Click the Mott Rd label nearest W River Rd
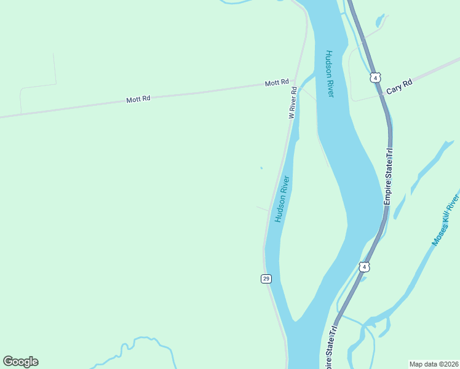pyautogui.click(x=277, y=83)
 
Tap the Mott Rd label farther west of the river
pyautogui.click(x=138, y=98)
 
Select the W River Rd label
pyautogui.click(x=293, y=103)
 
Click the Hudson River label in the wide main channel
pyautogui.click(x=329, y=73)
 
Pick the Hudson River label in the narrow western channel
pyautogui.click(x=282, y=199)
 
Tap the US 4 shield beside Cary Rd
pyautogui.click(x=375, y=77)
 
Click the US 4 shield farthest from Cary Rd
pyautogui.click(x=364, y=267)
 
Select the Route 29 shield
pyautogui.click(x=266, y=279)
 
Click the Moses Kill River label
pyautogui.click(x=446, y=220)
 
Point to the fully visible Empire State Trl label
pyautogui.click(x=389, y=177)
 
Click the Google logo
pyautogui.click(x=20, y=362)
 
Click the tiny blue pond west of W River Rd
pyautogui.click(x=261, y=168)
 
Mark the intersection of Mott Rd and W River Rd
pyautogui.click(x=294, y=81)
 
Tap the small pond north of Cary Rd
pyautogui.click(x=381, y=21)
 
